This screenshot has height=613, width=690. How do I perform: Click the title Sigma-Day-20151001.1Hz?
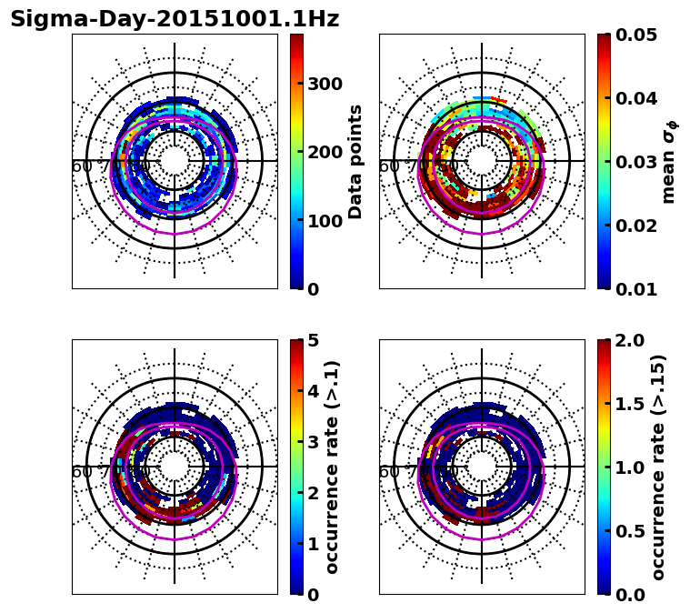175,19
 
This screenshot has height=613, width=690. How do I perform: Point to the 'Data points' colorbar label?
355,162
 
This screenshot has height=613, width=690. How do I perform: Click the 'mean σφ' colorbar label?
669,162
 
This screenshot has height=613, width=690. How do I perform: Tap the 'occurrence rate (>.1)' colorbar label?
333,467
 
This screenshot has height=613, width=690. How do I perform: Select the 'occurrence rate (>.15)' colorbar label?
658,467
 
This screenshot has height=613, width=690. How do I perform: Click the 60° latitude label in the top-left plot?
83,166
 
